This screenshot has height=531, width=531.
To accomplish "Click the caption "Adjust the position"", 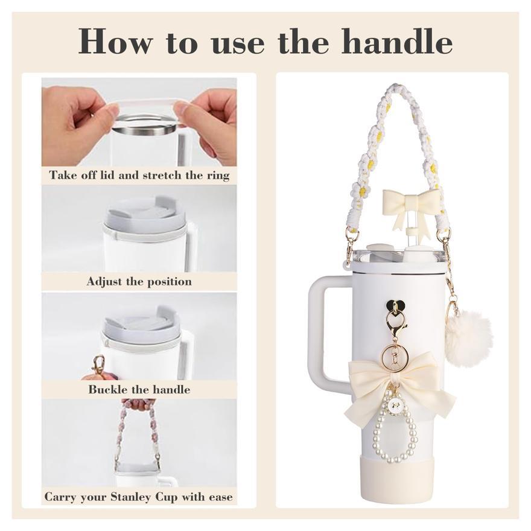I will point(139,281).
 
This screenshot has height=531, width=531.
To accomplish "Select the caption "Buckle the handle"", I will point(139,389).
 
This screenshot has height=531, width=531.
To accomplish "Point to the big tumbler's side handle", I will point(326,332).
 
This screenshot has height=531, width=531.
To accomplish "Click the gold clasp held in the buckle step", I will point(98,364).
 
